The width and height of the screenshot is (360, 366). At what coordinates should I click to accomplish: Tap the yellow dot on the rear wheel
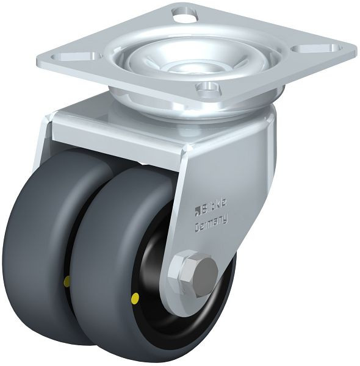click(68, 279)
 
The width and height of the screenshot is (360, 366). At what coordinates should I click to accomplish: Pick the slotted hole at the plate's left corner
click(76, 57)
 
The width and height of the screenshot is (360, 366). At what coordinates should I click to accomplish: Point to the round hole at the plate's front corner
click(208, 89)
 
